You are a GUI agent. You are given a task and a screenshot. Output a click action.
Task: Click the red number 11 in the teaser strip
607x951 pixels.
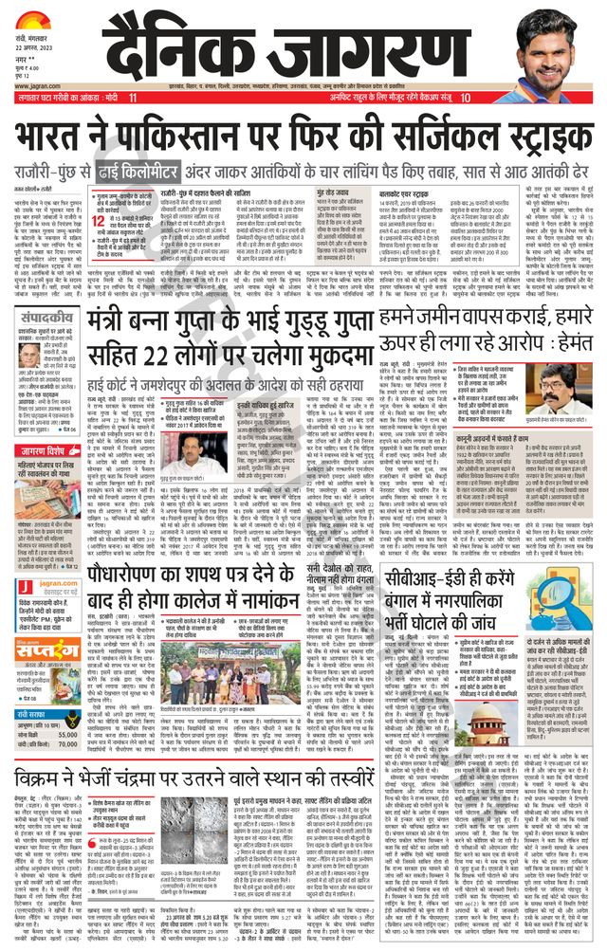tap(133, 98)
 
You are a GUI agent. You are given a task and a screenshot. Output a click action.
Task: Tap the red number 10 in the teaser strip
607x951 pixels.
tap(466, 98)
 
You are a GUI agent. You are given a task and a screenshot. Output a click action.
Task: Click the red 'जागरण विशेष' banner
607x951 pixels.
tap(48, 423)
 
